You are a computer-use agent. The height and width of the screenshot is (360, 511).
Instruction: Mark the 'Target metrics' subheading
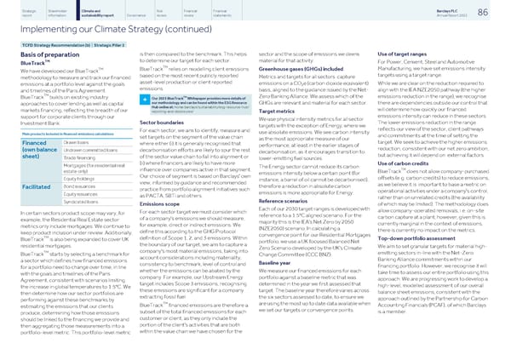(277, 135)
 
